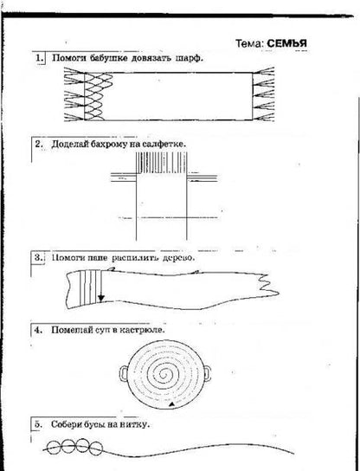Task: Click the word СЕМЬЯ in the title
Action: [x=286, y=43]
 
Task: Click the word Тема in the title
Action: [x=249, y=44]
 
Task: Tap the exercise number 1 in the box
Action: [x=39, y=58]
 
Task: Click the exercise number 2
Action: [x=39, y=144]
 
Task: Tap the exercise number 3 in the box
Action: [x=38, y=257]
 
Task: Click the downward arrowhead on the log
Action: [x=101, y=299]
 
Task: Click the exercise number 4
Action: [x=38, y=330]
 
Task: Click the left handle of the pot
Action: [x=124, y=374]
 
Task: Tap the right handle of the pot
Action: [x=207, y=373]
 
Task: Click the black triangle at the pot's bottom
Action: [x=171, y=404]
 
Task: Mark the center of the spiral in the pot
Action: [x=164, y=374]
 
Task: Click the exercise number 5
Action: [x=37, y=424]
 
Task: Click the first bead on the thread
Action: [x=55, y=448]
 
